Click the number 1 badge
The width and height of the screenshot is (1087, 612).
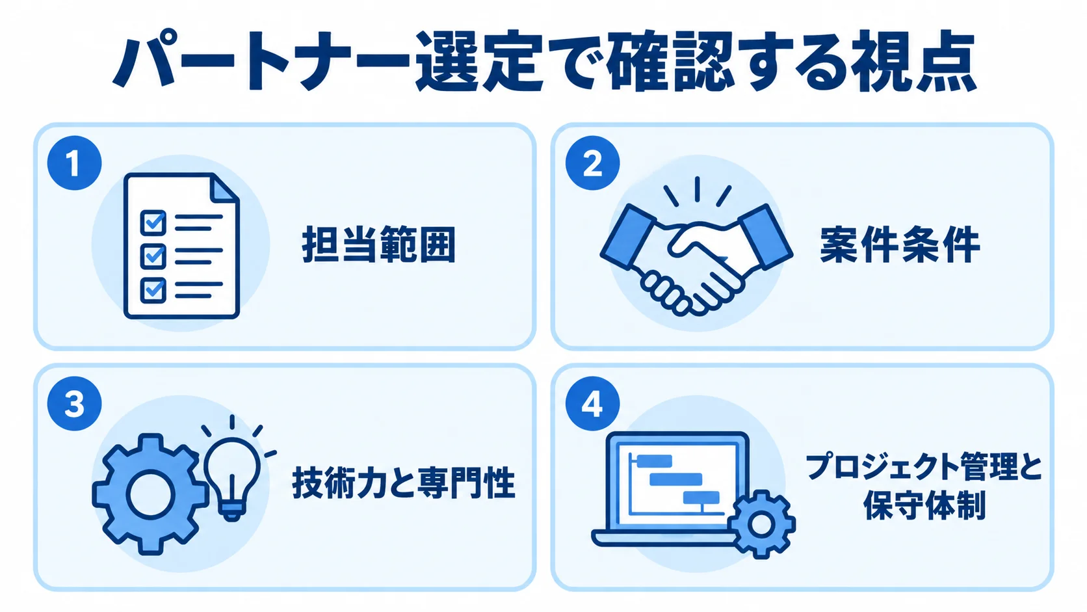[x=74, y=163]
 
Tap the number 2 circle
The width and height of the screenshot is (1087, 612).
[x=592, y=163]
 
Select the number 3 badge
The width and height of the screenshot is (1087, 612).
[x=74, y=403]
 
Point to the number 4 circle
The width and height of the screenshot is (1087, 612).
[x=592, y=403]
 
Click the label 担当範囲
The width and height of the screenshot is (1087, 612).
[x=379, y=244]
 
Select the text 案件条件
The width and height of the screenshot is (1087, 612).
[x=900, y=244]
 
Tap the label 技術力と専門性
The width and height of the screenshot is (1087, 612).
[x=403, y=483]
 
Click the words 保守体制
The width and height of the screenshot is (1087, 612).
[x=924, y=505]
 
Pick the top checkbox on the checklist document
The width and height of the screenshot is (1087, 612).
[x=153, y=223]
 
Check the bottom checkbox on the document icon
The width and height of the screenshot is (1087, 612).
[x=153, y=290]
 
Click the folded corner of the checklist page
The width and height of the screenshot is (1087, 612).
[x=225, y=189]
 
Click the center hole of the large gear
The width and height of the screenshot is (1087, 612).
[x=150, y=494]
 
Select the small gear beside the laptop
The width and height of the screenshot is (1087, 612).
[x=761, y=524]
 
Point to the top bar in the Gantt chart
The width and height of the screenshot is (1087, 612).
[x=653, y=461]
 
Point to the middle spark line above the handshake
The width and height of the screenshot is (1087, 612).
[x=698, y=189]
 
